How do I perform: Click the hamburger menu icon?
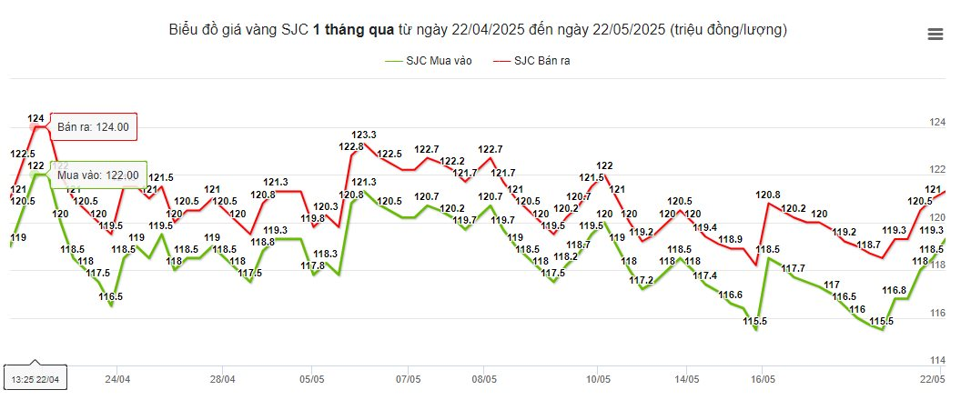pos(935,35)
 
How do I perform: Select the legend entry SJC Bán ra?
pos(532,61)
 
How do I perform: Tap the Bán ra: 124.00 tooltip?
pos(93,127)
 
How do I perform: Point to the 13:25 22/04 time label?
pos(35,377)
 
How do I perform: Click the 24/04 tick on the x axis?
pos(117,378)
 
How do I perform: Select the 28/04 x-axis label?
pos(223,378)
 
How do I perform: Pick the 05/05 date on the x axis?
pos(312,378)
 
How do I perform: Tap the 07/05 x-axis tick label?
pos(409,378)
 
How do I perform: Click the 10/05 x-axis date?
pos(597,378)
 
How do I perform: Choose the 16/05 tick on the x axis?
pos(763,378)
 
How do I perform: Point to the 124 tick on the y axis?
pos(936,123)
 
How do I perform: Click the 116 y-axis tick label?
pos(936,314)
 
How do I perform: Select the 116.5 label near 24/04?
pos(110,296)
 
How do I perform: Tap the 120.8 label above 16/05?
pos(768,195)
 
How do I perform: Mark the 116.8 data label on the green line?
pos(895,290)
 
